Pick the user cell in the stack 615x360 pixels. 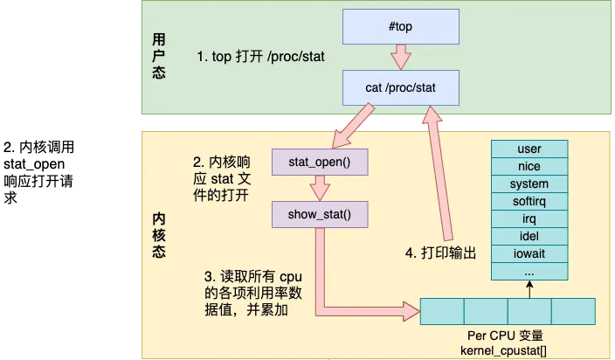coord(529,149)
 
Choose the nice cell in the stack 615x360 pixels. coord(529,167)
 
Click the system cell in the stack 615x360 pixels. coord(529,184)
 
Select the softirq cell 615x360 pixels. coord(529,202)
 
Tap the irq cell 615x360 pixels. coord(529,219)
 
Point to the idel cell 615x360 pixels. coord(529,237)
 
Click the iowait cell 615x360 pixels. coord(529,254)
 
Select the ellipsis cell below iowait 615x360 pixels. coord(529,272)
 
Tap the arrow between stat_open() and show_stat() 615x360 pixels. coord(319,188)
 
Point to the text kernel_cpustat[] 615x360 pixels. coord(507,350)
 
